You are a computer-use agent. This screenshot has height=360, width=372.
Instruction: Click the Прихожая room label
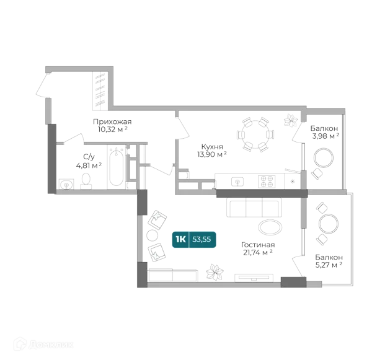tap(112, 122)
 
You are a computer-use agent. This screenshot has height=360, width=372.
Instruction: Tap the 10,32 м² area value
tap(113, 130)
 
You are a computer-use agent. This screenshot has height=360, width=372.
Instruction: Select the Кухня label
tap(212, 147)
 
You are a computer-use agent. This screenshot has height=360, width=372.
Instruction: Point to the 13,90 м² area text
tap(212, 154)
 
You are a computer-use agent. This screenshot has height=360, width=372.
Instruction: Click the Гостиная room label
tap(258, 245)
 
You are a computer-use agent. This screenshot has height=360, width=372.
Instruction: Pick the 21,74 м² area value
tap(258, 253)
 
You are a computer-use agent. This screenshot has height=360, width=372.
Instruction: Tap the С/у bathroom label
tap(89, 157)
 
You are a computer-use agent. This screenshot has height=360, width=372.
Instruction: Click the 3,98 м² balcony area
tap(325, 136)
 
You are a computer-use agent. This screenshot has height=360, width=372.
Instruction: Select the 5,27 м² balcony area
tap(329, 265)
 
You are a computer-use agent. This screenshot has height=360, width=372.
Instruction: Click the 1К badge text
tap(180, 240)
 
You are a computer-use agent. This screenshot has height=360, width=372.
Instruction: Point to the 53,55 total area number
tap(201, 240)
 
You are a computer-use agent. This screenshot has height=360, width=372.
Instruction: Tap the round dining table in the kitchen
tap(255, 134)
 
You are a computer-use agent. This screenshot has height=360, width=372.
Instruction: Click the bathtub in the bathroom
tap(117, 167)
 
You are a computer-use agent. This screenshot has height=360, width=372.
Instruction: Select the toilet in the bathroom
tap(86, 181)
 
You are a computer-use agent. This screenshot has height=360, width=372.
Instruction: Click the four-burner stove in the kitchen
tap(267, 182)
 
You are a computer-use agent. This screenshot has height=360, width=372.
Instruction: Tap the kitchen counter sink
tap(237, 182)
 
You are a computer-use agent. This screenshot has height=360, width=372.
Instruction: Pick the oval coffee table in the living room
tap(270, 227)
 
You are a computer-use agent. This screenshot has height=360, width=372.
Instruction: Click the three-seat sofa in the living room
tap(254, 208)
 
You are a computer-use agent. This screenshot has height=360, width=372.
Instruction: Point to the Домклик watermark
tap(43, 345)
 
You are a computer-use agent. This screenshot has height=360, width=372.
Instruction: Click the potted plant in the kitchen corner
tap(291, 120)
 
